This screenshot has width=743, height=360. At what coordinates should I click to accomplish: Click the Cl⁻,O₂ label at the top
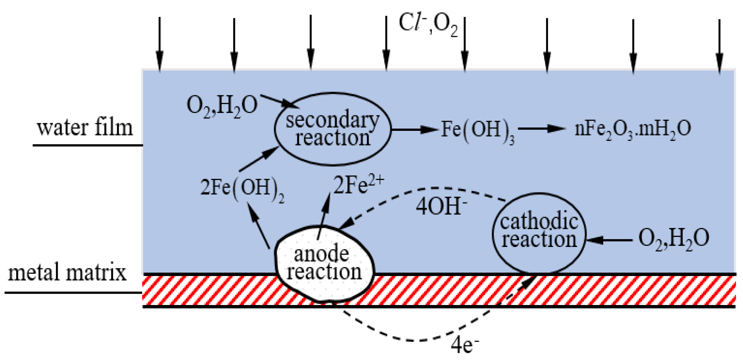tap(428, 25)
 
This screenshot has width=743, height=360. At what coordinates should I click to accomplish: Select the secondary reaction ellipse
tap(332, 129)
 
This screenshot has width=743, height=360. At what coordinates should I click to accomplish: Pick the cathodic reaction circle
tap(539, 232)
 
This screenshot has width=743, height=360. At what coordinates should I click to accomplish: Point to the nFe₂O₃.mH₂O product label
tap(632, 129)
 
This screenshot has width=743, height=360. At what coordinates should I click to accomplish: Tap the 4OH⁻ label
tap(442, 206)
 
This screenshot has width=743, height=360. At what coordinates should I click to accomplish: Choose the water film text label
tap(85, 127)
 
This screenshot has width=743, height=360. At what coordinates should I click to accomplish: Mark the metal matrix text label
tap(67, 273)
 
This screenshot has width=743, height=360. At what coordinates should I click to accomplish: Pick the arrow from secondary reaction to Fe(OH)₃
tap(414, 129)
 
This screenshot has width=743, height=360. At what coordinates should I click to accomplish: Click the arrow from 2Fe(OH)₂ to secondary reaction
tap(259, 159)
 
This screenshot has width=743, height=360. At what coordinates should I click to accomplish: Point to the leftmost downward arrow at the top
tap(159, 45)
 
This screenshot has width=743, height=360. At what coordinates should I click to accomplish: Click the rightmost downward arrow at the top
tap(719, 46)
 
